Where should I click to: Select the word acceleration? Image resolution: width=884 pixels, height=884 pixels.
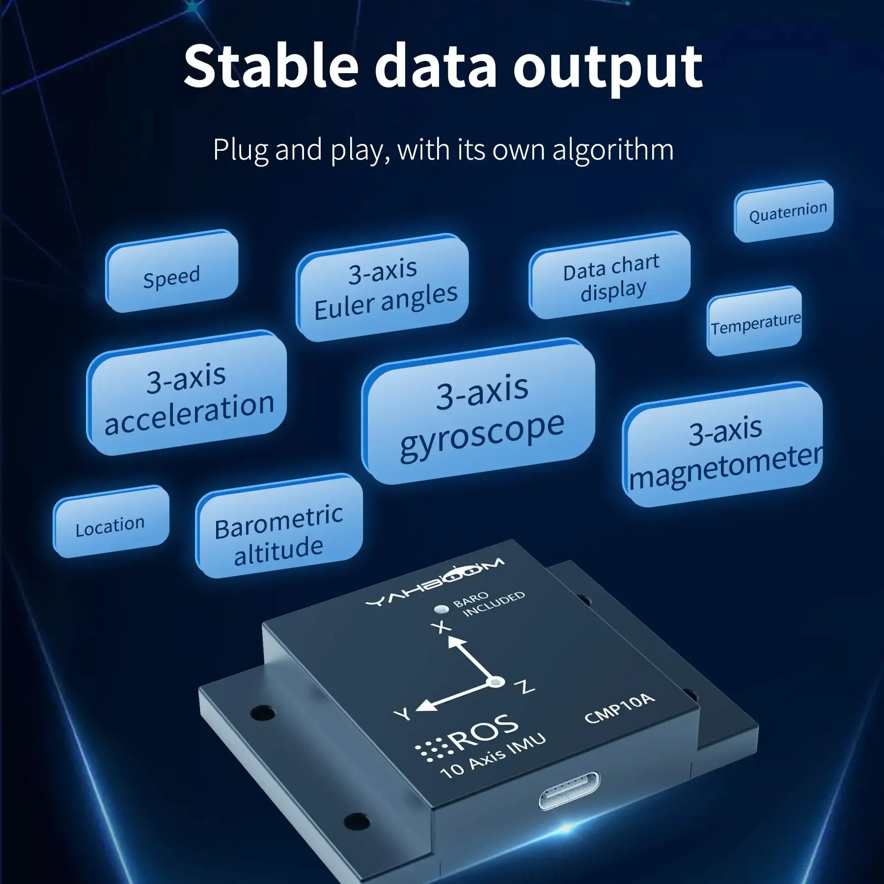click(x=190, y=414)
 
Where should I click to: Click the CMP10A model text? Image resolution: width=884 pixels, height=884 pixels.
click(x=620, y=708)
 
